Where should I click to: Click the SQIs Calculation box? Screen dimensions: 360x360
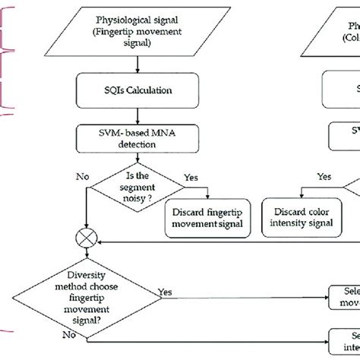point(137,90)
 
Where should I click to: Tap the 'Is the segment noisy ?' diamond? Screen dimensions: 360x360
point(136,188)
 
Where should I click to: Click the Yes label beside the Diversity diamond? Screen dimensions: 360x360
point(165,291)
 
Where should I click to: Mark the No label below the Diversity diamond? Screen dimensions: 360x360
point(68,333)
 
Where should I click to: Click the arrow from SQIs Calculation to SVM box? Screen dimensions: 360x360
point(137,115)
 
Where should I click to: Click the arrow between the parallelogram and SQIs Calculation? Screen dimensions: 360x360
point(137,63)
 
